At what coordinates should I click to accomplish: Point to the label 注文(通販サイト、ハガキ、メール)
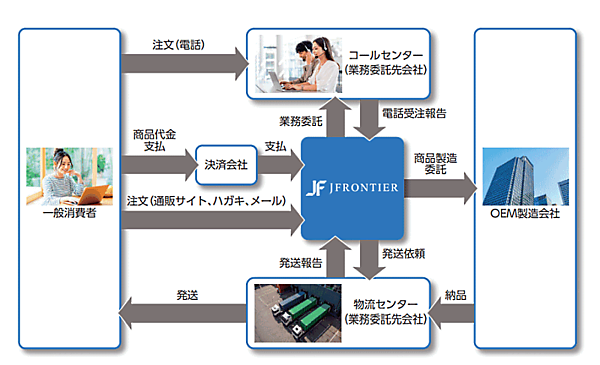click(x=206, y=201)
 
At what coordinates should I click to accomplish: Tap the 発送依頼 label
click(x=406, y=256)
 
